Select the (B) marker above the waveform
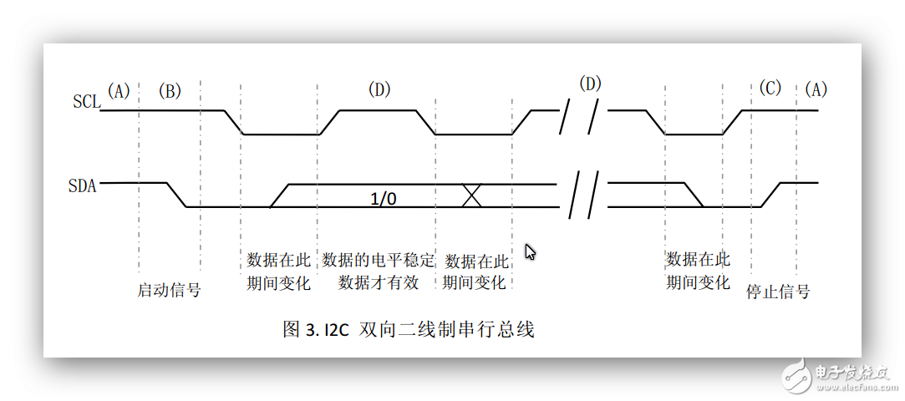(x=169, y=91)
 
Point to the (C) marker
(x=770, y=89)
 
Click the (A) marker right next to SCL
(x=119, y=90)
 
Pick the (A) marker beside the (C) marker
(x=816, y=89)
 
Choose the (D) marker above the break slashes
(x=589, y=84)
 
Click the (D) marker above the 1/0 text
(x=379, y=89)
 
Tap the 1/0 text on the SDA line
(x=384, y=199)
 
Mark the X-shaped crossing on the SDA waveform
(x=472, y=195)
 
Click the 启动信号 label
(x=169, y=290)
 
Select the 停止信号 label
(x=778, y=291)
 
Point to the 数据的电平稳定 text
(x=378, y=260)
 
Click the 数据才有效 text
(x=378, y=283)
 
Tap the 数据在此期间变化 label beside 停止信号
(x=699, y=271)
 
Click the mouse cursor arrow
(x=530, y=251)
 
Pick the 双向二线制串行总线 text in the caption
(x=447, y=330)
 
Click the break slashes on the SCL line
(x=579, y=117)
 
